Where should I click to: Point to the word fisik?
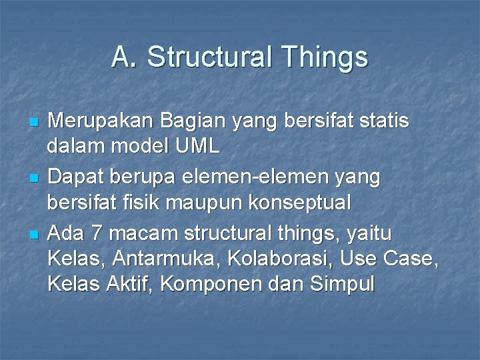[143, 202]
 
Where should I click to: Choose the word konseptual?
[311, 202]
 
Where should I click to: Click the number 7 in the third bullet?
[97, 234]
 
